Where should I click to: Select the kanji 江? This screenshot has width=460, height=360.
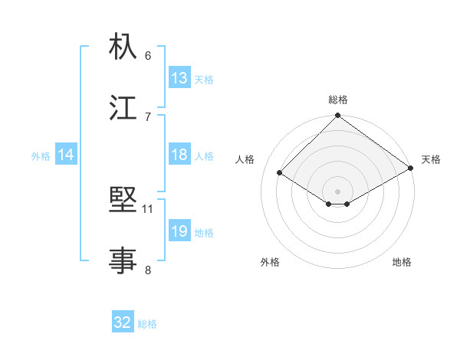pyautogui.click(x=123, y=107)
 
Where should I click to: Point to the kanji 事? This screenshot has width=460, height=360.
pyautogui.click(x=123, y=260)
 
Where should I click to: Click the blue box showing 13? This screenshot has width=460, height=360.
pyautogui.click(x=179, y=78)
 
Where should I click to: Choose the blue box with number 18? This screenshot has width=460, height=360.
pyautogui.click(x=179, y=155)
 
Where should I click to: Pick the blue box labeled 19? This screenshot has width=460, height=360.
pyautogui.click(x=179, y=231)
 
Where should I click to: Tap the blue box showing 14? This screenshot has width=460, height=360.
pyautogui.click(x=66, y=155)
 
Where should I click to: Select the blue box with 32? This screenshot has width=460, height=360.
pyautogui.click(x=123, y=322)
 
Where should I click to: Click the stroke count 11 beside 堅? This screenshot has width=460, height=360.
pyautogui.click(x=148, y=208)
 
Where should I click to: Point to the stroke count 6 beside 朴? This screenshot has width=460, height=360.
pyautogui.click(x=148, y=55)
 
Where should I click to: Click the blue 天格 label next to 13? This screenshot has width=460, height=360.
pyautogui.click(x=203, y=79)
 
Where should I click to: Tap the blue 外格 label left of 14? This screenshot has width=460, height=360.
pyautogui.click(x=41, y=155)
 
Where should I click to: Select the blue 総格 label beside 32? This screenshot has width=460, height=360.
pyautogui.click(x=147, y=323)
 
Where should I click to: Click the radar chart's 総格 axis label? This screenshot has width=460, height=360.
pyautogui.click(x=338, y=100)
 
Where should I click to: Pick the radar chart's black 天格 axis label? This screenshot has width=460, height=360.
pyautogui.click(x=431, y=159)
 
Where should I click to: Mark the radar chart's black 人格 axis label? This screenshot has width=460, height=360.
pyautogui.click(x=245, y=159)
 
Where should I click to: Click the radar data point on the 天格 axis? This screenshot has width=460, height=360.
pyautogui.click(x=411, y=168)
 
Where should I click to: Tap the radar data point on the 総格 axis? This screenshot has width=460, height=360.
pyautogui.click(x=338, y=116)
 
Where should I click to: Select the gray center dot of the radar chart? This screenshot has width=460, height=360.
pyautogui.click(x=338, y=191)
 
